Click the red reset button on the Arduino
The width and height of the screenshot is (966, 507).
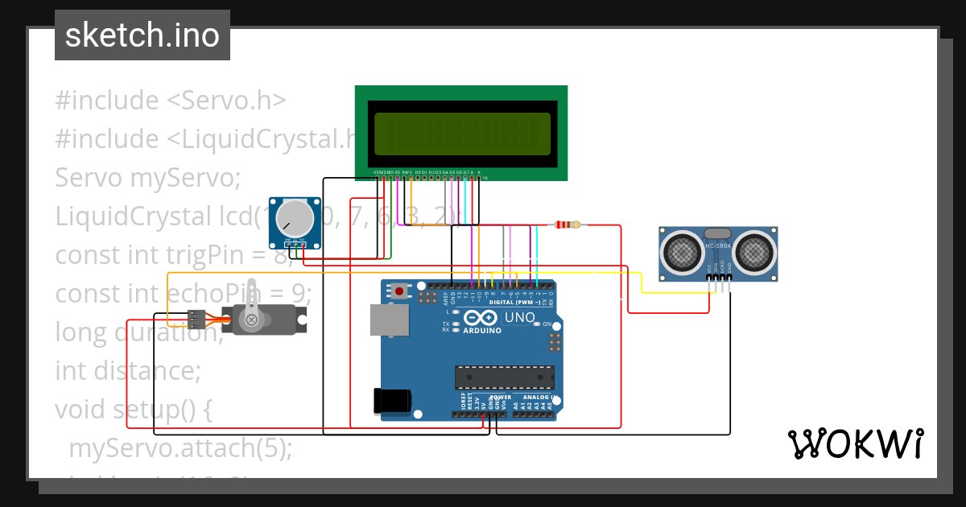(x=399, y=291)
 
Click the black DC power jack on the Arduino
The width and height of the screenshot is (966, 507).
(x=392, y=401)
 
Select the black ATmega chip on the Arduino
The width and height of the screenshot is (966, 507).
(x=505, y=376)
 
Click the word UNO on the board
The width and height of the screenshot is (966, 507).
(x=519, y=318)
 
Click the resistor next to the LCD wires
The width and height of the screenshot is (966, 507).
(x=567, y=225)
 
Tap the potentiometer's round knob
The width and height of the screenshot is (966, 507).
(x=295, y=217)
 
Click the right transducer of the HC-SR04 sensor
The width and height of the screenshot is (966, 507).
(x=752, y=250)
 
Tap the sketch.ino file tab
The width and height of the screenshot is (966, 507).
(x=142, y=35)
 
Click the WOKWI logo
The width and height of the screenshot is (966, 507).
(x=855, y=443)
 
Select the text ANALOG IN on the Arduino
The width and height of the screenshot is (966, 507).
(x=537, y=398)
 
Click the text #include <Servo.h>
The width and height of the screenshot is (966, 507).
(x=171, y=101)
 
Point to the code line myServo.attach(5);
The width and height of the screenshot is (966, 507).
(x=181, y=447)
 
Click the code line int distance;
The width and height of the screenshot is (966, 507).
(x=127, y=371)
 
